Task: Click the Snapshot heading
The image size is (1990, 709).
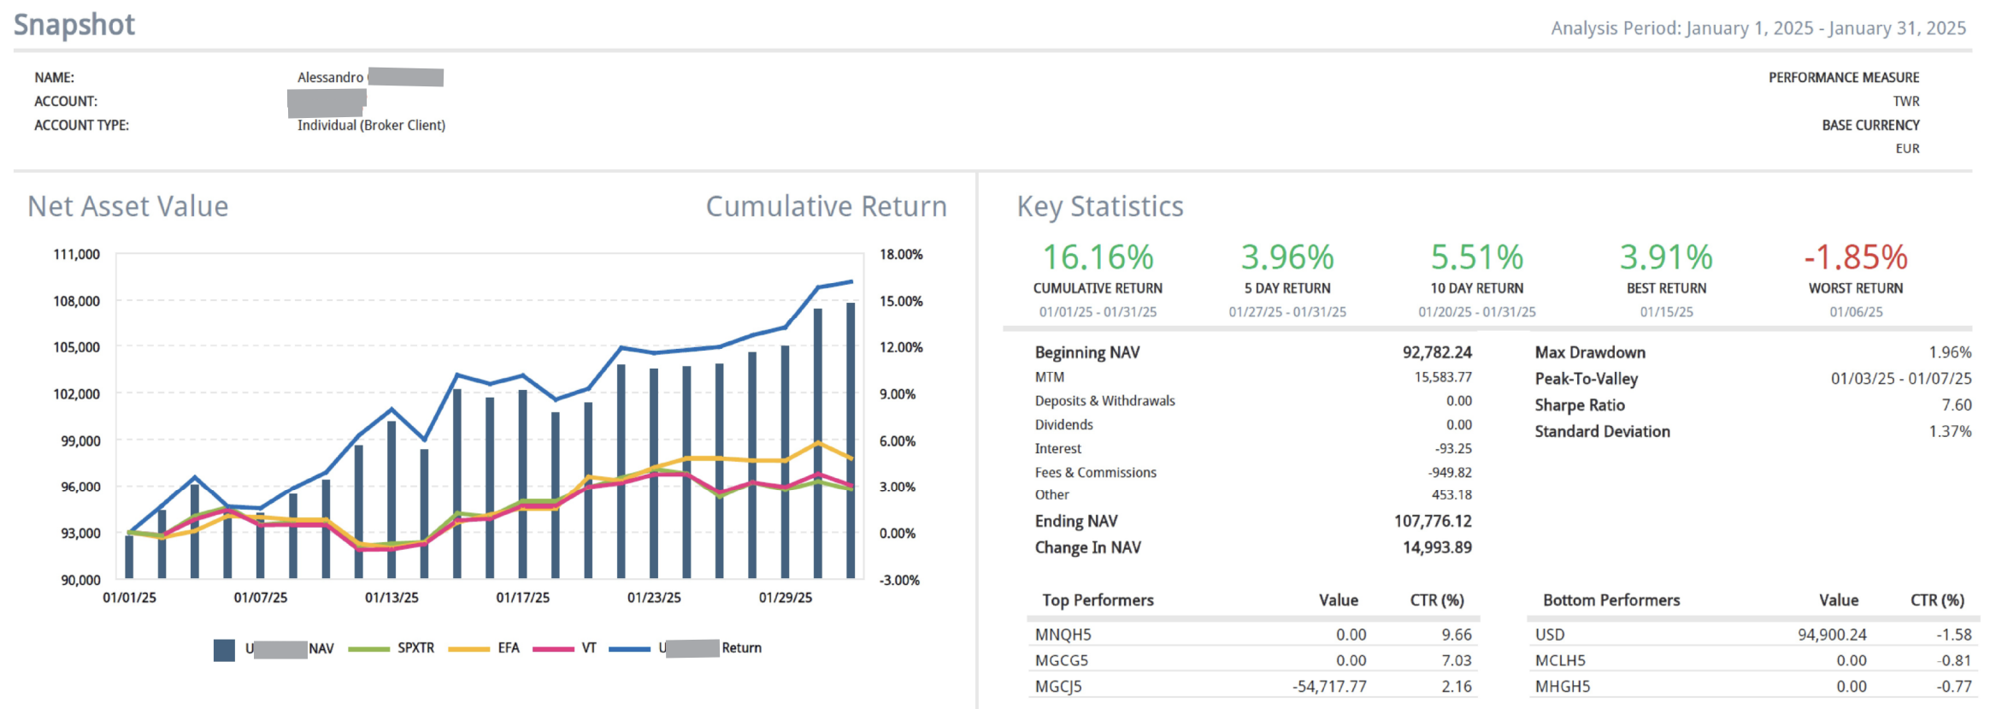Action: click(74, 25)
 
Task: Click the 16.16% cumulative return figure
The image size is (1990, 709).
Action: click(1098, 257)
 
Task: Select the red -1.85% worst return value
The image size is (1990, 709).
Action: click(1855, 257)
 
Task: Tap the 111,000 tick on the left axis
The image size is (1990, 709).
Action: click(77, 255)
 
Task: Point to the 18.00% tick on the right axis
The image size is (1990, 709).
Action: click(901, 255)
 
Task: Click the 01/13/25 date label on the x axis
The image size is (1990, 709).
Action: click(392, 598)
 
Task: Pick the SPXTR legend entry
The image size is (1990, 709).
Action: click(415, 648)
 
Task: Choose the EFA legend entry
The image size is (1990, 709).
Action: click(509, 648)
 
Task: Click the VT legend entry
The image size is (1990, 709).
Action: click(589, 648)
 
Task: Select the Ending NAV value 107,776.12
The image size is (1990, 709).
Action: click(1433, 522)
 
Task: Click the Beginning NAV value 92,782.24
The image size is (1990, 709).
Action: click(1437, 352)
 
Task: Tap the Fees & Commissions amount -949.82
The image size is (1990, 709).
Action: click(1450, 473)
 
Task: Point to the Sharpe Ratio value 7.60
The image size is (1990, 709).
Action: click(1956, 405)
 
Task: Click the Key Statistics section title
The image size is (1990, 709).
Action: click(1100, 207)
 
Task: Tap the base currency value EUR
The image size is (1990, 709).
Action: click(1907, 149)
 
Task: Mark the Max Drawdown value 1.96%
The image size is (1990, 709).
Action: click(1950, 352)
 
